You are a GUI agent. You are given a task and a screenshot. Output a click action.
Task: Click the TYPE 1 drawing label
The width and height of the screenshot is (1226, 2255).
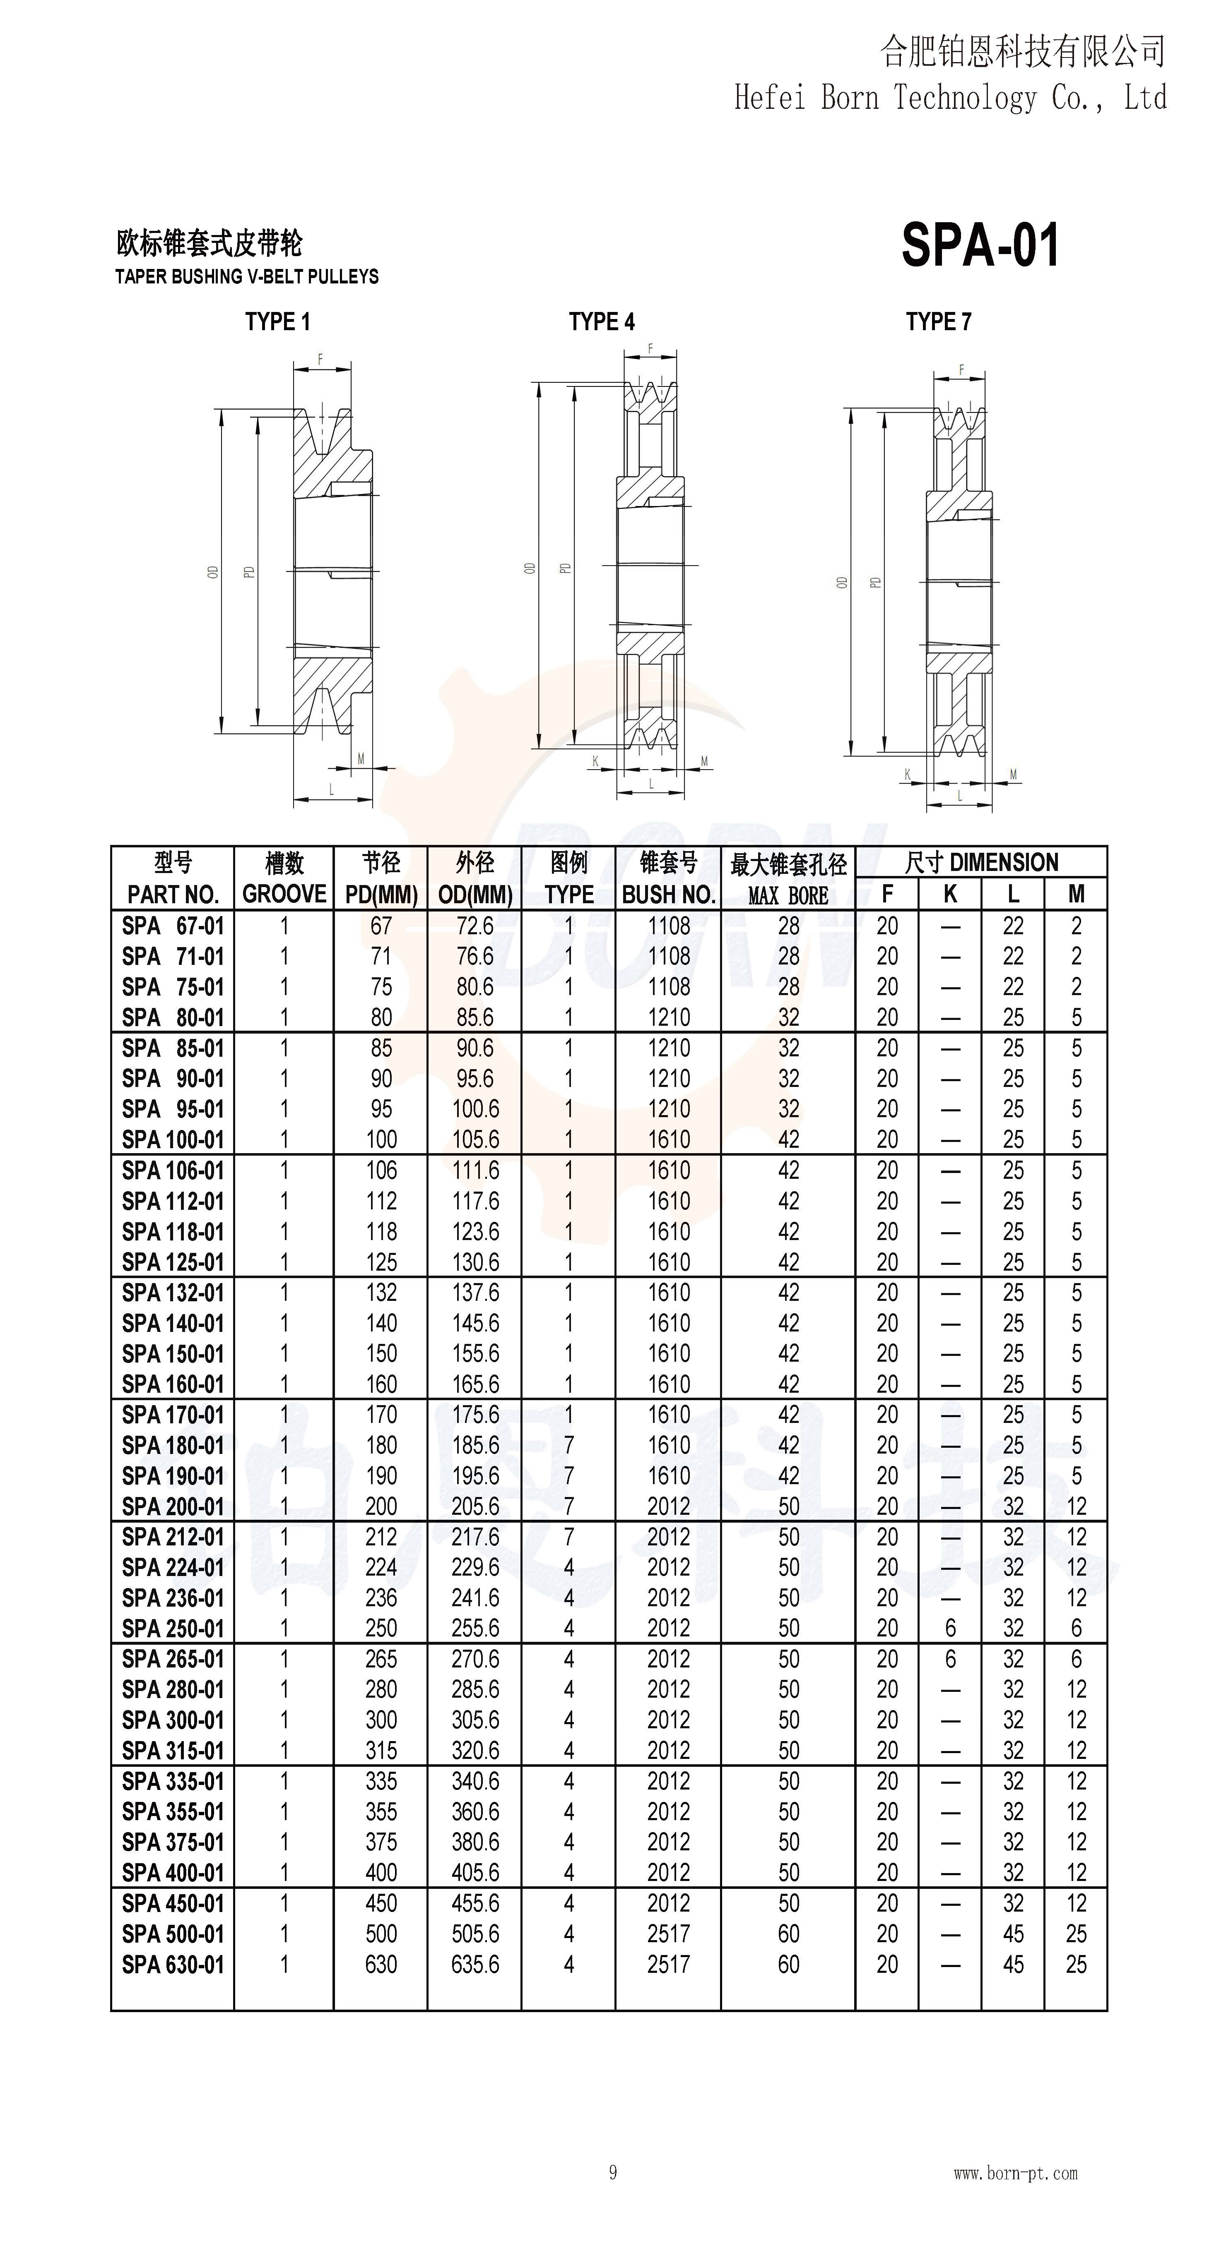point(277,322)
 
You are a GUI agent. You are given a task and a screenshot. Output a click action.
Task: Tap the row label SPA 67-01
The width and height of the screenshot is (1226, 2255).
point(173,926)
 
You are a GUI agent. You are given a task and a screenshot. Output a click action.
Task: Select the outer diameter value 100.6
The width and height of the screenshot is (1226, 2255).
point(475,1109)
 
